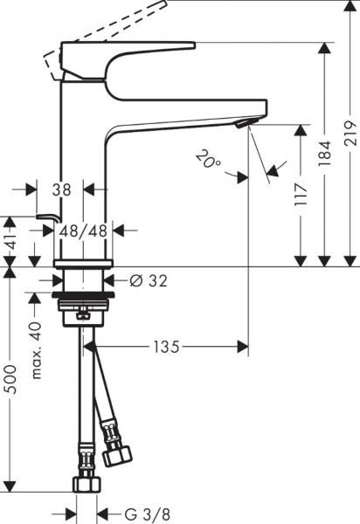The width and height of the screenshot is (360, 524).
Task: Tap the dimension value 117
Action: coord(301,191)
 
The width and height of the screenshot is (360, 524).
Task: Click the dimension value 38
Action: coord(60,189)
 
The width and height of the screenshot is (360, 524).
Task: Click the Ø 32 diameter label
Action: coord(148,281)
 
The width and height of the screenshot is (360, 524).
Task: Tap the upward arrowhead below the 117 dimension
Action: coord(301,259)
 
